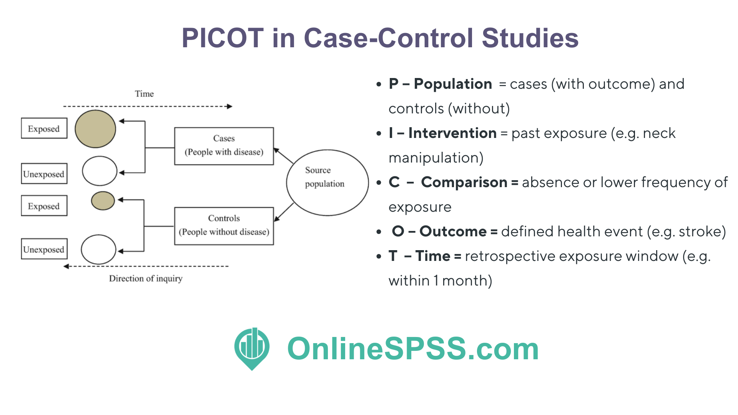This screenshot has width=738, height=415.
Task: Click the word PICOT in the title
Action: coord(223,38)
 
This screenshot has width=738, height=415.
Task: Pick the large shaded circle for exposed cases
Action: coord(95,129)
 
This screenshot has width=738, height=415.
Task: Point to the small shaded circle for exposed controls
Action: coord(103,201)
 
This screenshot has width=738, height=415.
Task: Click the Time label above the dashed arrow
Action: coord(144,94)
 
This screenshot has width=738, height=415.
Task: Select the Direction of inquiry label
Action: coord(146,279)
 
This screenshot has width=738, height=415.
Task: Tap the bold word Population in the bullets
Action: coord(453,84)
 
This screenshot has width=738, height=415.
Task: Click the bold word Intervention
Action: coord(452,133)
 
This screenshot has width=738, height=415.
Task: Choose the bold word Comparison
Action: coord(464,182)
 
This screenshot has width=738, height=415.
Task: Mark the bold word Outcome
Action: coord(453,231)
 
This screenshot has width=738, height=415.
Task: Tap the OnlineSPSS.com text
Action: coord(413,349)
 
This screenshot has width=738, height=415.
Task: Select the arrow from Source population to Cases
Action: coord(284,156)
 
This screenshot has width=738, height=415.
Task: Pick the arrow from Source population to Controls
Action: coord(284,212)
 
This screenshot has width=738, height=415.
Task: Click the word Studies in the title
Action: coord(530,38)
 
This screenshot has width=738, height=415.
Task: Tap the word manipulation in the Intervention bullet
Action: coord(436,158)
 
